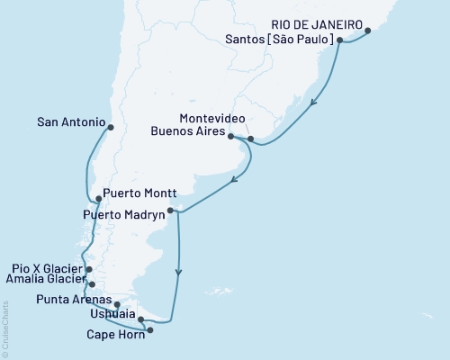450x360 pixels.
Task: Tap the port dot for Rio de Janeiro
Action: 368,31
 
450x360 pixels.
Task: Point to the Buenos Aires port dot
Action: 231,137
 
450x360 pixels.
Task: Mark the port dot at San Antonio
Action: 110,127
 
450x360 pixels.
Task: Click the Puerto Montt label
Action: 136,193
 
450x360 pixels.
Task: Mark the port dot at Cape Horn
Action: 149,330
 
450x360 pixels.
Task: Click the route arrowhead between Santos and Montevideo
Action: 311,102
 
